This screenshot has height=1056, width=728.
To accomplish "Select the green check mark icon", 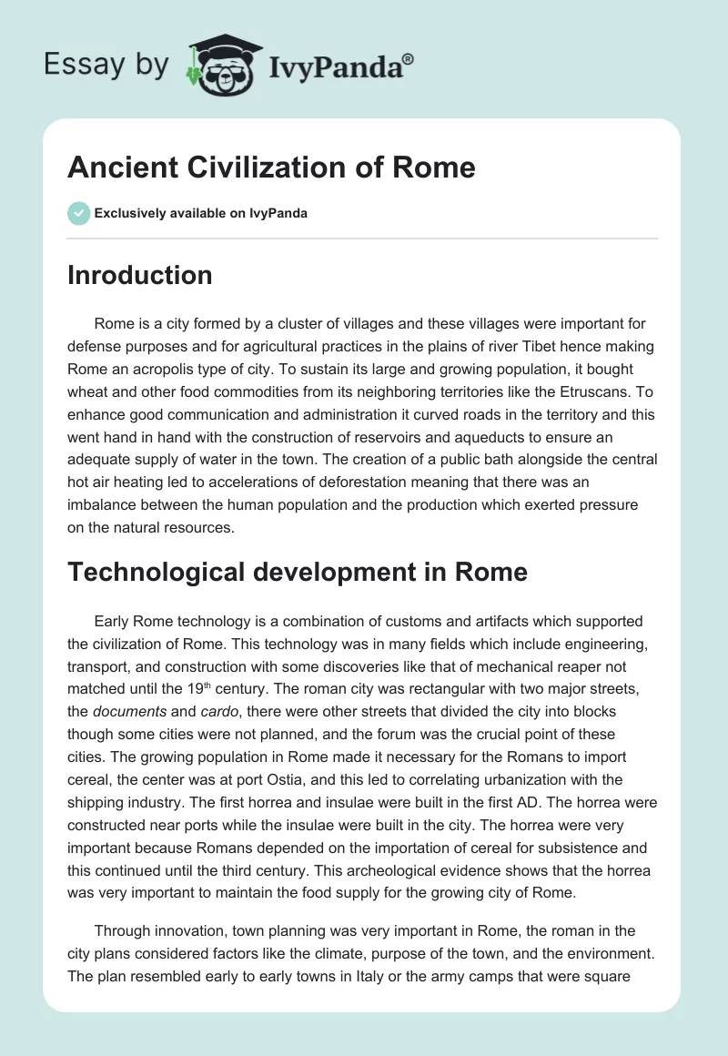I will click(78, 213).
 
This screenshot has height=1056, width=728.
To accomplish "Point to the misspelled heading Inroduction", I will click(139, 275).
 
